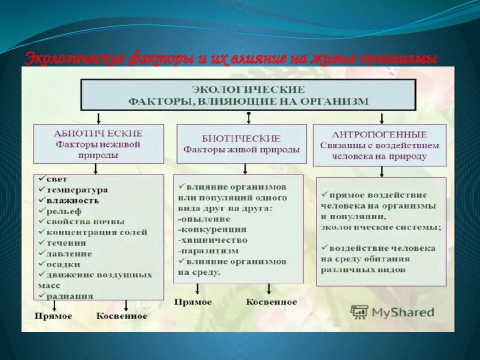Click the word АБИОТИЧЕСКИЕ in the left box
tap(98, 133)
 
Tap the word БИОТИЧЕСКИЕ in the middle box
tap(241, 138)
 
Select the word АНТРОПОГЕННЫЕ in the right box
tap(379, 134)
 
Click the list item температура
tap(76, 190)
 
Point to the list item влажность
tap(72, 200)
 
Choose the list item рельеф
tap(63, 211)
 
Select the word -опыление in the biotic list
tap(203, 218)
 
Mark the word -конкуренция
tap(211, 229)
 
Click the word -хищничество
tap(212, 240)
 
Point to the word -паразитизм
tap(207, 250)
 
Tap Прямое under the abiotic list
tap(53, 316)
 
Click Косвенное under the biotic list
tap(271, 302)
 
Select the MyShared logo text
tap(402, 312)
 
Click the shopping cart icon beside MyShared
tap(359, 312)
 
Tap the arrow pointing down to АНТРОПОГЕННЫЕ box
tap(381, 118)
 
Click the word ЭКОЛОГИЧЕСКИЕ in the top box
tap(248, 89)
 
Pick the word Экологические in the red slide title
tap(74, 59)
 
